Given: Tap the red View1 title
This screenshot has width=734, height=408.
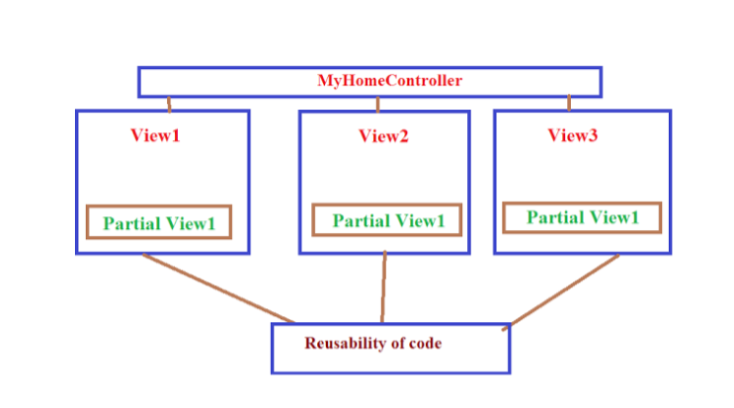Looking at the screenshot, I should [155, 134].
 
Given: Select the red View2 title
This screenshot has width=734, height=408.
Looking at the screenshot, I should [383, 136].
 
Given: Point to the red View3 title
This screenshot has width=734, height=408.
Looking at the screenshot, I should [573, 135].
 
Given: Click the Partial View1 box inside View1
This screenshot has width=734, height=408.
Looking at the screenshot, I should [159, 222].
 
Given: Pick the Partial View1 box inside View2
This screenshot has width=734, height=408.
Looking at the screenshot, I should [387, 220].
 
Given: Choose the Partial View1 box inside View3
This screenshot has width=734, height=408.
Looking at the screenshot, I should [581, 217].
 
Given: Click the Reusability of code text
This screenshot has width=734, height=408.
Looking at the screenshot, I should [372, 344].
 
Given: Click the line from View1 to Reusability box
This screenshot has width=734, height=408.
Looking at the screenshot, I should [217, 287].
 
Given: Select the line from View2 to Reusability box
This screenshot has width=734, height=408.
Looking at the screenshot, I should [384, 286].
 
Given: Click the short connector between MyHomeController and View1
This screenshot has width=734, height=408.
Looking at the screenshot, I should [169, 104].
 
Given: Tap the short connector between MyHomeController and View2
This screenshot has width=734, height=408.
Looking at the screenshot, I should [377, 104].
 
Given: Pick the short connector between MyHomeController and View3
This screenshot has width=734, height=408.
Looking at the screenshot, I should [569, 104].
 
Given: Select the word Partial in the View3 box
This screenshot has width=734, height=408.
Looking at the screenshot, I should [553, 217].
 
